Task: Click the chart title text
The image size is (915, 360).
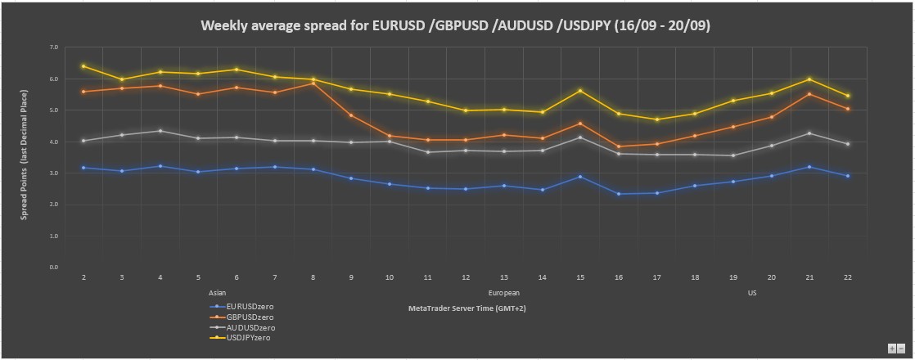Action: click(456, 25)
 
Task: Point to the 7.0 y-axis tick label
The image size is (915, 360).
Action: click(54, 47)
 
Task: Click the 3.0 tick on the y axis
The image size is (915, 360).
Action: click(54, 173)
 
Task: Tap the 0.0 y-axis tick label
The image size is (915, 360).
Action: click(54, 268)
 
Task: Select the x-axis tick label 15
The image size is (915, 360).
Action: click(580, 277)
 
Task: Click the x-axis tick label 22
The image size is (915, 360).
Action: click(848, 277)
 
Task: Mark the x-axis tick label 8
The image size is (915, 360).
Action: click(313, 277)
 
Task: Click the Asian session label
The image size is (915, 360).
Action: click(217, 293)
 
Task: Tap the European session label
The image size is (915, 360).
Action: click(503, 293)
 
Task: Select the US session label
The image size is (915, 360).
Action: click(751, 293)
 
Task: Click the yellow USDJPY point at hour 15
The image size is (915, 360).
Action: click(580, 91)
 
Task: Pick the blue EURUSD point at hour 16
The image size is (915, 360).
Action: click(619, 194)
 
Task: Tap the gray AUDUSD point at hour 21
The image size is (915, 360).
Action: click(809, 133)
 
